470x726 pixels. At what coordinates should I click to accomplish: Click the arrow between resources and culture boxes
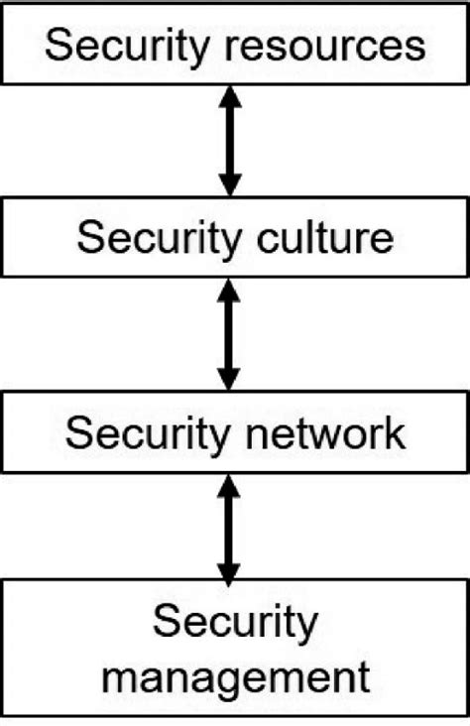point(230,139)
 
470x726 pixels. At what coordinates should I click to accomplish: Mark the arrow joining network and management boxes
point(229,527)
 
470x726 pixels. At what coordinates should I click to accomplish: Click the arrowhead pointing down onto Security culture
point(230,182)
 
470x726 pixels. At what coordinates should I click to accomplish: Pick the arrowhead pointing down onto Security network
point(229,377)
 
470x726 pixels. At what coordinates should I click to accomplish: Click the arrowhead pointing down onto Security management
point(229,570)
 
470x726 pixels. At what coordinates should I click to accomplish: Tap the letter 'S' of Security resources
point(58,46)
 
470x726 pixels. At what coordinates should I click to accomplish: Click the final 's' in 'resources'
point(414,49)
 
